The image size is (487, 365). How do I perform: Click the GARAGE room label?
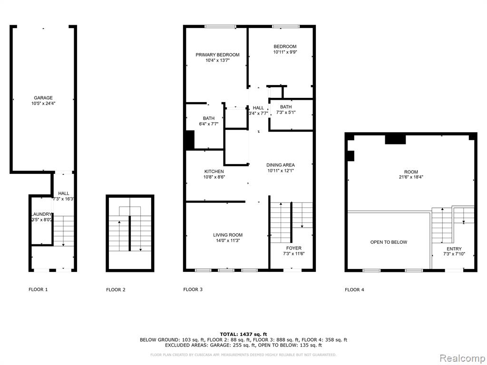tap(43, 98)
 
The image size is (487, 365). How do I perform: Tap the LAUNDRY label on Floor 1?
tap(41, 214)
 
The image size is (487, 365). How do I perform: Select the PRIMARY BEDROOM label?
tap(217, 55)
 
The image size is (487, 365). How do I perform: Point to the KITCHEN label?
tap(214, 172)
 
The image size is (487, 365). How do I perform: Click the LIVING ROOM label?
tap(228, 235)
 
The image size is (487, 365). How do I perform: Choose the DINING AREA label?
tap(281, 165)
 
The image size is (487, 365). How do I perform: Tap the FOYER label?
tap(294, 248)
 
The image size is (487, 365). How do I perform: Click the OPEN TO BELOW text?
tap(389, 242)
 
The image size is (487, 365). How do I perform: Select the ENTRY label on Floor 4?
tap(454, 249)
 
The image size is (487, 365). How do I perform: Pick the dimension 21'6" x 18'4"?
tap(411, 177)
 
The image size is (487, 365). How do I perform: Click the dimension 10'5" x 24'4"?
tap(43, 103)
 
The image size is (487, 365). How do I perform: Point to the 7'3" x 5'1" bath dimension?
tap(286, 112)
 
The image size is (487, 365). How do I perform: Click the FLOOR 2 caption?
tap(116, 290)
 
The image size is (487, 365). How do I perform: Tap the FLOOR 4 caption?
tap(354, 290)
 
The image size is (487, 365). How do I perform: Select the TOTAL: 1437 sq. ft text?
tap(243, 334)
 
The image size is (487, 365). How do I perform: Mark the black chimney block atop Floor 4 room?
tap(395, 139)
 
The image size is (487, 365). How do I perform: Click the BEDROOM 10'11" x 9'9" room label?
tap(285, 49)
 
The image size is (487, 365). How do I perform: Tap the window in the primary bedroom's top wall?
tap(220, 27)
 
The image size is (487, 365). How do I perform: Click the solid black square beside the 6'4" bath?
tap(190, 140)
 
